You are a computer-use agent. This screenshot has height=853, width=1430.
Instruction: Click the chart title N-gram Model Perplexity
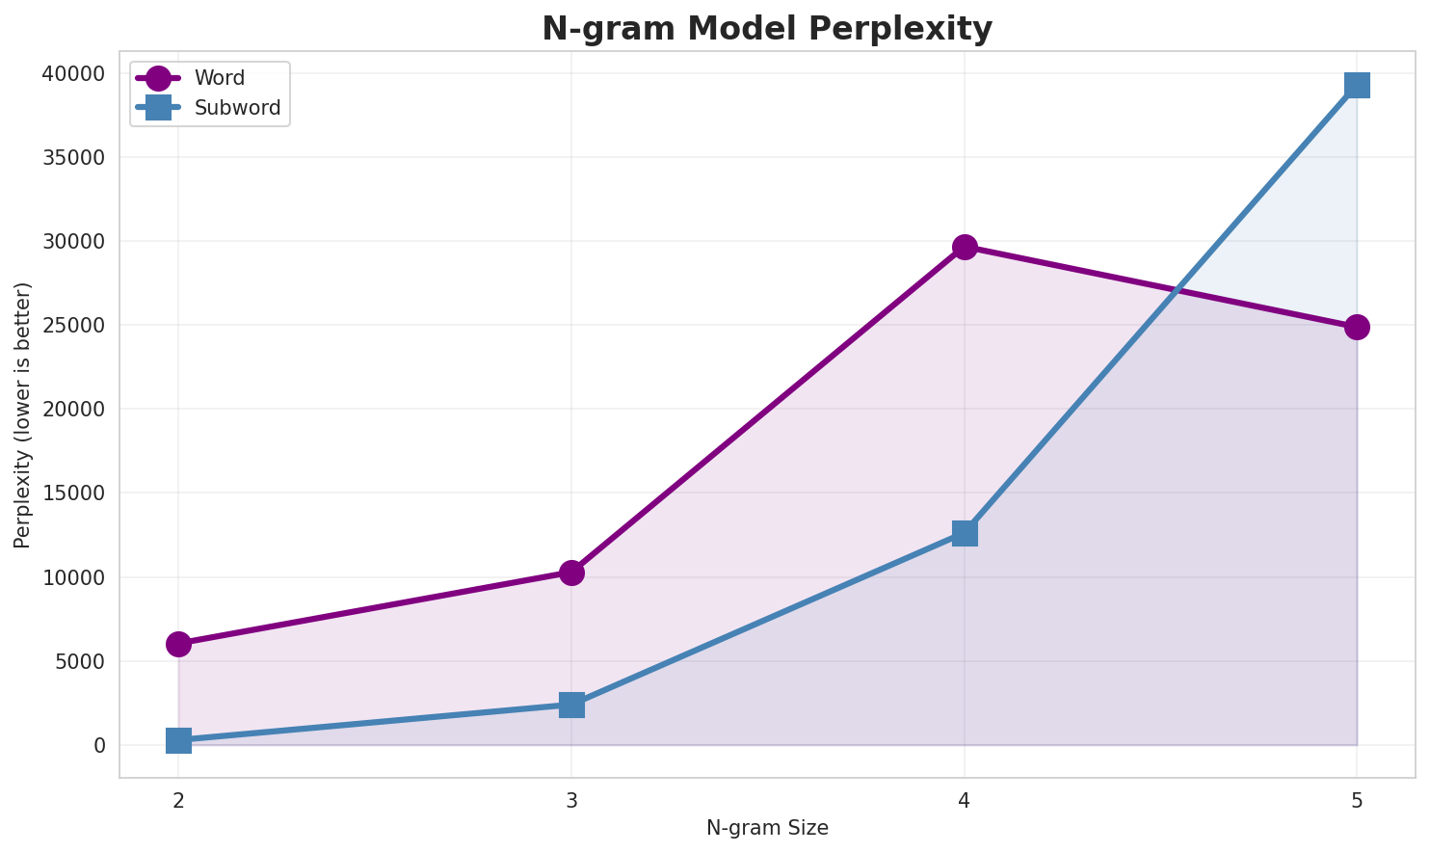coord(766,29)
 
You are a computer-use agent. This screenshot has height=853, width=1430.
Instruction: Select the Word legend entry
coord(219,78)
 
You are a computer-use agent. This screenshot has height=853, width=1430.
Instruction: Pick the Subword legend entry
coord(237,108)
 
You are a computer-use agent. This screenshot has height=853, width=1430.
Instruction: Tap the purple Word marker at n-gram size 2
coord(178,644)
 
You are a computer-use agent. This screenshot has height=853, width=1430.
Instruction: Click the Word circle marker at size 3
coord(571,573)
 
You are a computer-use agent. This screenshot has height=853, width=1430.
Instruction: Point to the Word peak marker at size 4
coord(965,247)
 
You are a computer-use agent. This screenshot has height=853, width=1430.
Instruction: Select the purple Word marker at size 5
coord(1357,327)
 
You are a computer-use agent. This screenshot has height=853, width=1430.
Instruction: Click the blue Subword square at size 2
coord(178,740)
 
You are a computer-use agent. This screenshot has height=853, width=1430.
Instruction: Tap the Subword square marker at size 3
coord(571,705)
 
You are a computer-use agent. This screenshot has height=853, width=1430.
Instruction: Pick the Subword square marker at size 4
coord(965,533)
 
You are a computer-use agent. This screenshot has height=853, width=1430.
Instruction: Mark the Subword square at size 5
coord(1357,85)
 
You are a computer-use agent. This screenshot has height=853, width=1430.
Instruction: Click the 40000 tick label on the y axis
coord(74,74)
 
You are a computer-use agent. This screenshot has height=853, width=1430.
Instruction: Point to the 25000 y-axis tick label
coord(74,326)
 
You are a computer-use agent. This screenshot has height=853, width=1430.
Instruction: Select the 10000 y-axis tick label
coord(74,577)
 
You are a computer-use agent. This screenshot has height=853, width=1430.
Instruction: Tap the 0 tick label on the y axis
coord(100,746)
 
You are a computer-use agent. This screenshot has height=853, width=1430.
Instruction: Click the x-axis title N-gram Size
coord(767,828)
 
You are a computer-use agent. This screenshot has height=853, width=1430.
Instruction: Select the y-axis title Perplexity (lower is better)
coord(23,414)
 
